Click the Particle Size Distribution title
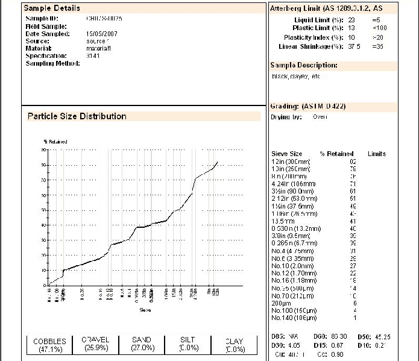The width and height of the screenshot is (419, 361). click(77, 116)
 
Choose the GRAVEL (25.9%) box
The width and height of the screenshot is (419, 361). click(96, 344)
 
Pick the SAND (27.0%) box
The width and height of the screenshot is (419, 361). click(142, 344)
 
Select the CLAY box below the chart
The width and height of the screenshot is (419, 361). click(234, 345)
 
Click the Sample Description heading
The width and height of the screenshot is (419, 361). click(303, 65)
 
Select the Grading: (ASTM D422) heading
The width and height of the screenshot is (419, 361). click(307, 106)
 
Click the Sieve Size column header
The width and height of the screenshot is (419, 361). click(287, 154)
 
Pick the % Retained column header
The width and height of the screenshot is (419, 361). click(336, 154)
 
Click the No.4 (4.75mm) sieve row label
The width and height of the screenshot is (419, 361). click(292, 251)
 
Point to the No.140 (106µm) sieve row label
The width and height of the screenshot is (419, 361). click(294, 317)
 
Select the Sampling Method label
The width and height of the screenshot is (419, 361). click(52, 63)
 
